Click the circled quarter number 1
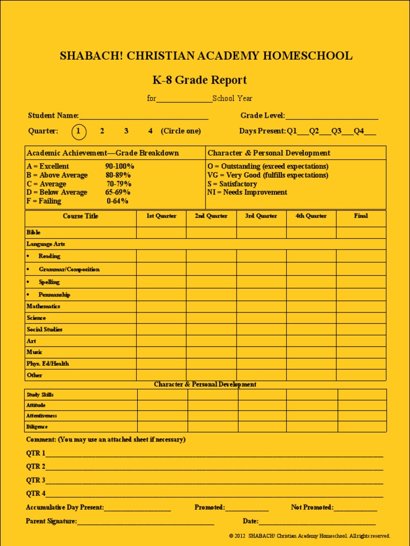point(78,131)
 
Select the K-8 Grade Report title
point(200,80)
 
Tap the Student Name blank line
point(144,116)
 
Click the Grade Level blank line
point(332,116)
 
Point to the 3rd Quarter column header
point(261,216)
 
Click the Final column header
point(361,216)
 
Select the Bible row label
point(34,232)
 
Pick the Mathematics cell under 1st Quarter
point(161,307)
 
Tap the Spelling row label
point(49,282)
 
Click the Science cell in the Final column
point(361,318)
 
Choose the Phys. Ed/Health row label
point(48,364)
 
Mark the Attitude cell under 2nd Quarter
point(212,405)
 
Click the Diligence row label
point(37,427)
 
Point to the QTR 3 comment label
point(36,480)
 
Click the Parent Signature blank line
point(145,522)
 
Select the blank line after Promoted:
point(247,508)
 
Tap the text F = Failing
point(44,201)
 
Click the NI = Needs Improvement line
point(247,192)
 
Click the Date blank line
point(317,522)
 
